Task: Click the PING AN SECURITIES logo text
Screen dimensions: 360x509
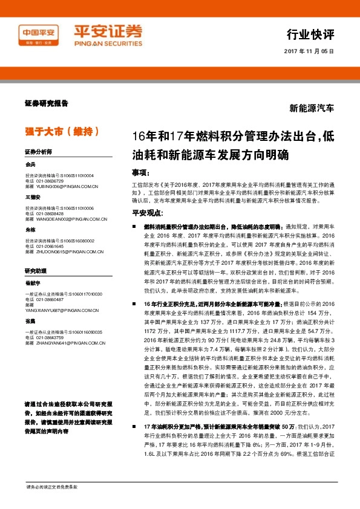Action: pyautogui.click(x=108, y=44)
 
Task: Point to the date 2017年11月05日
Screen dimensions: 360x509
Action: pyautogui.click(x=309, y=52)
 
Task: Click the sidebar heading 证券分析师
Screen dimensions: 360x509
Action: pyautogui.click(x=38, y=151)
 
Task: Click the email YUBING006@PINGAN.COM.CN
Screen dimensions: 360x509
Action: pyautogui.click(x=61, y=187)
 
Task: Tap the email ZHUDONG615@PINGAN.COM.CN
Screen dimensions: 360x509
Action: pyautogui.click(x=62, y=252)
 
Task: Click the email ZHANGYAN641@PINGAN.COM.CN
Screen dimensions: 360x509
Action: pyautogui.click(x=62, y=343)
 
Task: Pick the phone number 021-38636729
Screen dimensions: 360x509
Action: pyautogui.click(x=48, y=181)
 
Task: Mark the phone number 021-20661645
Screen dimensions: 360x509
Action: pyautogui.click(x=48, y=247)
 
